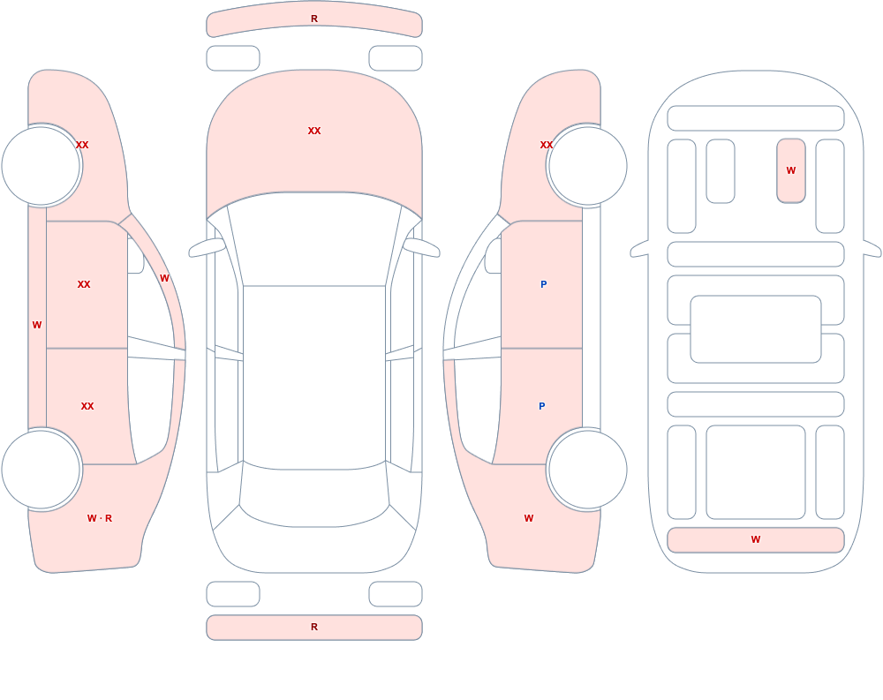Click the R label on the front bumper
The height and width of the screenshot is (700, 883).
click(x=314, y=19)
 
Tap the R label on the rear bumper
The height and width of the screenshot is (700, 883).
click(x=314, y=627)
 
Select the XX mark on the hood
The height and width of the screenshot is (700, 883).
click(x=314, y=131)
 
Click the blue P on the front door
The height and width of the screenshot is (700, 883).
click(x=543, y=284)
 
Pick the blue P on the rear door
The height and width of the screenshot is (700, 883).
click(x=542, y=406)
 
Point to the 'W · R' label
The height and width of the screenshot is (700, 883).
click(x=100, y=518)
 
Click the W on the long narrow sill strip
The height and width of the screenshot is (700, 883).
click(x=37, y=325)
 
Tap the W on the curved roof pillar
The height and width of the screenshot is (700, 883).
click(x=164, y=278)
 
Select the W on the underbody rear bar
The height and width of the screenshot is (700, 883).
click(x=756, y=539)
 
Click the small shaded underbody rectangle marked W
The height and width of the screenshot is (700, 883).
click(x=791, y=170)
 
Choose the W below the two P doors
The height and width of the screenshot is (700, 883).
click(x=529, y=518)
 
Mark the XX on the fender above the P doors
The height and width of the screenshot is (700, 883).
click(x=547, y=145)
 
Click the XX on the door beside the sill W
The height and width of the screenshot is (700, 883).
click(x=84, y=284)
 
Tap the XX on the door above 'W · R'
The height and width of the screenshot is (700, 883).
click(x=87, y=406)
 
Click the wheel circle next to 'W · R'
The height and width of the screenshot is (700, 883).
click(x=42, y=470)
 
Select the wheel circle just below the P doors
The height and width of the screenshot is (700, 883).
click(x=588, y=470)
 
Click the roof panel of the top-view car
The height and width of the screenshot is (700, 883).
click(x=314, y=377)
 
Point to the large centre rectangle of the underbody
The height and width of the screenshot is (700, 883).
click(x=756, y=329)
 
